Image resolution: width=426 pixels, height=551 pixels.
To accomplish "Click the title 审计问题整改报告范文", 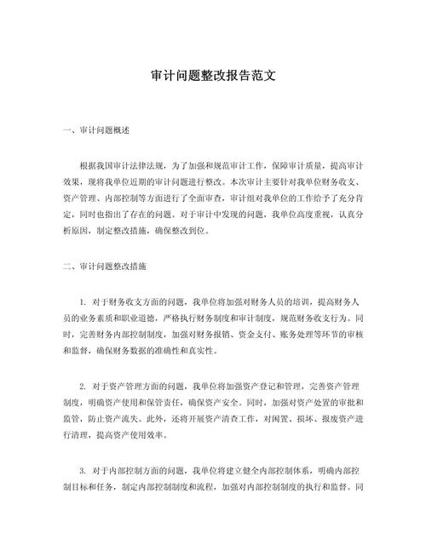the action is pos(212,76).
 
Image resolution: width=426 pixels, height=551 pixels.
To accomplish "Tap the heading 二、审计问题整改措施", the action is pos(104,267).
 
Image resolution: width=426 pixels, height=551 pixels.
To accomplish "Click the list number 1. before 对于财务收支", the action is pos(83,301).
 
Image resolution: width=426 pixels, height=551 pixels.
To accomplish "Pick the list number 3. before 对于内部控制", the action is pos(83,469).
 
